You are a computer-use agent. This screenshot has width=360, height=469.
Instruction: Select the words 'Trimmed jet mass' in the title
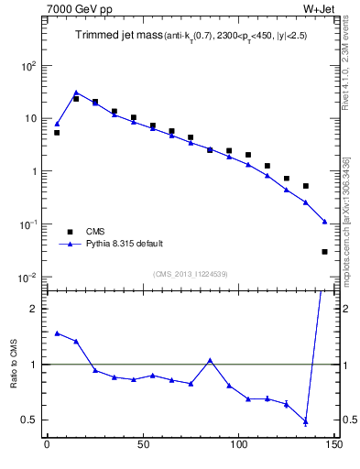tap(116, 36)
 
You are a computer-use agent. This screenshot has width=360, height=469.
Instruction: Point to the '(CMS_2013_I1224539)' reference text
tap(191, 273)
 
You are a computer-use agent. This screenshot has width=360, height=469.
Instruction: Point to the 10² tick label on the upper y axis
tap(27, 66)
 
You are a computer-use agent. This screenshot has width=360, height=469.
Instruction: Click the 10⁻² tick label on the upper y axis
tap(27, 278)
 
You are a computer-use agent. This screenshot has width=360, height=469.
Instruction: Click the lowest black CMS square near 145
tap(324, 251)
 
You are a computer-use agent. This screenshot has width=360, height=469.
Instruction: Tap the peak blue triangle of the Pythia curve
tap(76, 93)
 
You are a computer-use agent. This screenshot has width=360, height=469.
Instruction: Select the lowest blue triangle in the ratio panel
tap(305, 421)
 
